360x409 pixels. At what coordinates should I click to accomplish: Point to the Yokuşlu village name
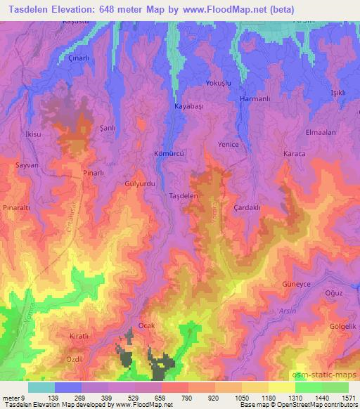[x=218, y=83]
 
